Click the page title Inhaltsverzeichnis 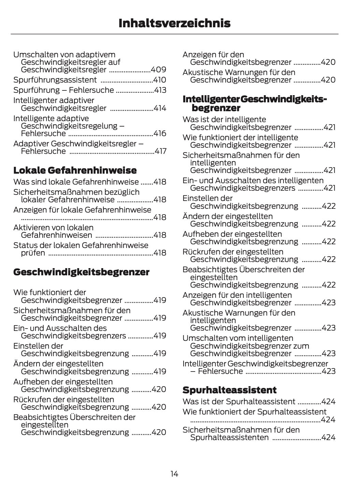tap(174, 23)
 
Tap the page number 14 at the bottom tap(174, 474)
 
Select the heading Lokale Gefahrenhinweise tap(75, 170)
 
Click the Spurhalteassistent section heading tap(229, 390)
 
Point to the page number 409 tap(159, 70)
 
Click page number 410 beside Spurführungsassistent tap(160, 80)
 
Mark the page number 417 tap(160, 151)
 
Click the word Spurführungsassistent tap(55, 80)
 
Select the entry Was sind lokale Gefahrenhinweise tap(76, 182)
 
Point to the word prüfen tap(33, 253)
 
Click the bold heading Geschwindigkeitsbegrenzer tap(81, 272)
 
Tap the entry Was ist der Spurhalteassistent tap(239, 402)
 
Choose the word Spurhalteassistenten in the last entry tap(229, 437)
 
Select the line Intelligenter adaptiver tap(54, 101)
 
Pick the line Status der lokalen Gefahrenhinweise tap(81, 245)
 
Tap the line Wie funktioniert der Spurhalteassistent tap(254, 412)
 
